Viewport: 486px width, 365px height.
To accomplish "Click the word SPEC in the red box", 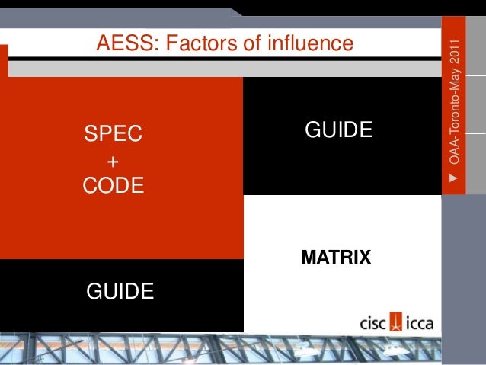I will [113, 135].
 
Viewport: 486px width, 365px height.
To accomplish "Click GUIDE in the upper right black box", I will [338, 130].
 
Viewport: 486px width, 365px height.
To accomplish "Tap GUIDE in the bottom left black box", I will [120, 290].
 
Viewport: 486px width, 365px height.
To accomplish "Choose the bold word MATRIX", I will [336, 258].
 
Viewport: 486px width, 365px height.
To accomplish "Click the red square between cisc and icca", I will [396, 322].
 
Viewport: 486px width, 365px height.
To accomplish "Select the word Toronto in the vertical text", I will [454, 117].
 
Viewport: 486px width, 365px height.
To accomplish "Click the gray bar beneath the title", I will [229, 69].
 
